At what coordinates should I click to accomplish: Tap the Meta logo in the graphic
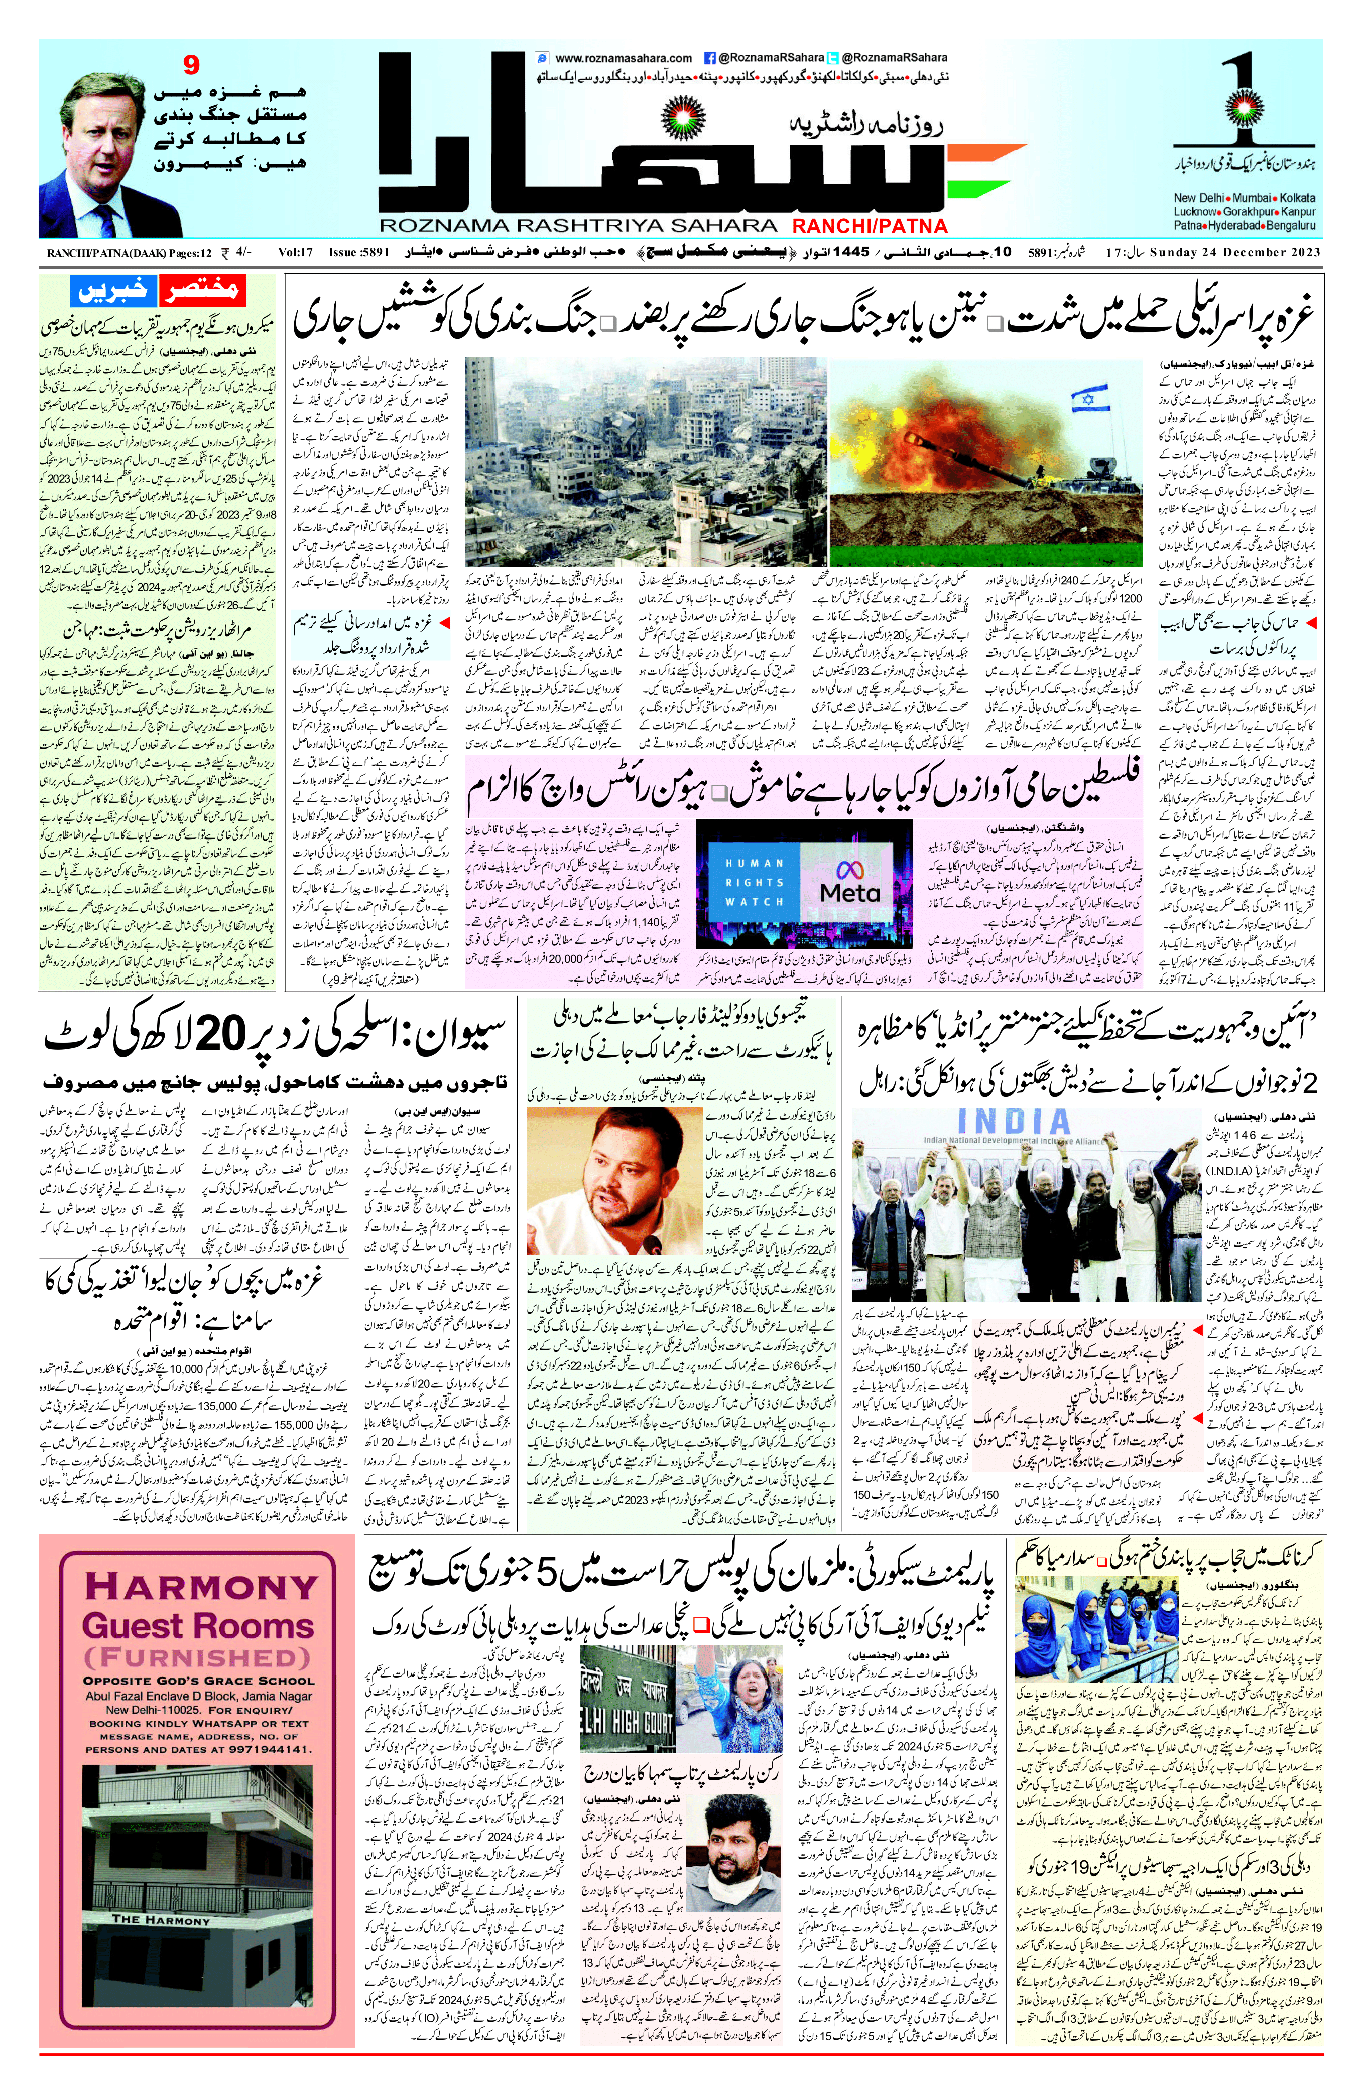849,883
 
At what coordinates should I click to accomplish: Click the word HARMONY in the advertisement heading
201,1586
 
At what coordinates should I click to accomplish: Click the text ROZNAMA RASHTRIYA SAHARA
578,226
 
